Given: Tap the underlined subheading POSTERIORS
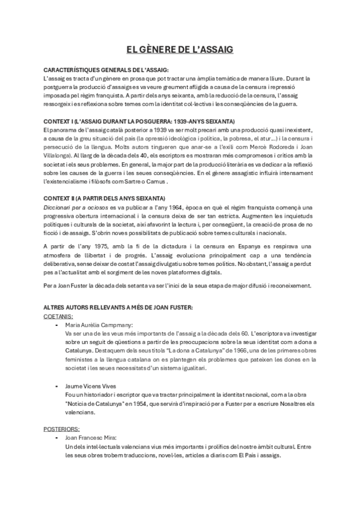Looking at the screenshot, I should click(62, 429).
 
